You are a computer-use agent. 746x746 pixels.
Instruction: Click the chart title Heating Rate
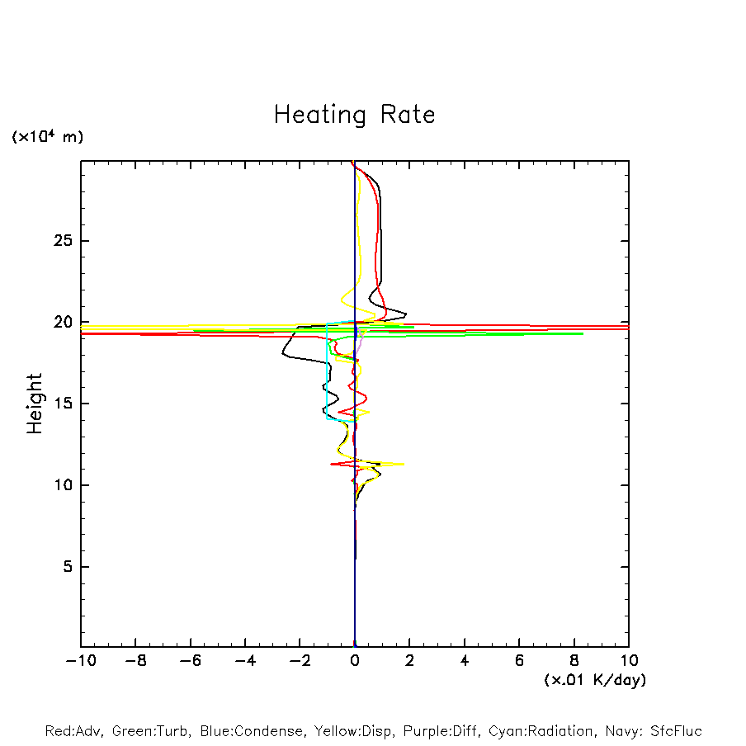[x=354, y=115]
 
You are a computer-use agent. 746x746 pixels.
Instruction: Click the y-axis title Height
[x=35, y=404]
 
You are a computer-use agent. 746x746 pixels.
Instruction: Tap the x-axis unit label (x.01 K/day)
[x=594, y=680]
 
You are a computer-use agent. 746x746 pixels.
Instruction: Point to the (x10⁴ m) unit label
[x=47, y=137]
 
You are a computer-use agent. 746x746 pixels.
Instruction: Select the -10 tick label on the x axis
[x=80, y=660]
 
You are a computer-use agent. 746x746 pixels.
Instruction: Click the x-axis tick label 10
[x=628, y=660]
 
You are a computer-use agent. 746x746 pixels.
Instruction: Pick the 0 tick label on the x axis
[x=355, y=660]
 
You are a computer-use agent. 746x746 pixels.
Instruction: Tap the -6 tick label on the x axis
[x=190, y=660]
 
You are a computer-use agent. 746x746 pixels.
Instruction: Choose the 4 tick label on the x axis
[x=465, y=660]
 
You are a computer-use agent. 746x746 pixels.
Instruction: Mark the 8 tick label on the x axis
[x=574, y=660]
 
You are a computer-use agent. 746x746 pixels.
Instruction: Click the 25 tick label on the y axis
[x=59, y=241]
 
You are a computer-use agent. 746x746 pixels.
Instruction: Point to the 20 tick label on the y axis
[x=59, y=322]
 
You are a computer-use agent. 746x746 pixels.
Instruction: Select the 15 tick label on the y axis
[x=59, y=404]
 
